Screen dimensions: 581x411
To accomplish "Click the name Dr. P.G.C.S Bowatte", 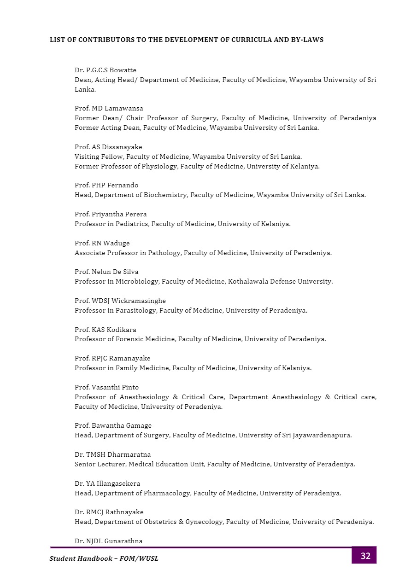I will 106,70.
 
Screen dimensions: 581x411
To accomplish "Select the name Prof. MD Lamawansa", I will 109,109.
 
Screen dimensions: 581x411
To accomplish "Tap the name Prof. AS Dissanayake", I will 108,147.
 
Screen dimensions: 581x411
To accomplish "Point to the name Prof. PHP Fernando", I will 106,186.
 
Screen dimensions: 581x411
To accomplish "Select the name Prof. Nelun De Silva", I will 106,272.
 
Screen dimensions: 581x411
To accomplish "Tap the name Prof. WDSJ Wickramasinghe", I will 120,301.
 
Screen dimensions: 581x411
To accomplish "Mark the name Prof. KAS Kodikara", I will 106,330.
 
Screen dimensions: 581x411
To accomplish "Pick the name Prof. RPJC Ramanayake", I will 112,359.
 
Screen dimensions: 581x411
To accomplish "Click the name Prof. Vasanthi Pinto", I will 106,388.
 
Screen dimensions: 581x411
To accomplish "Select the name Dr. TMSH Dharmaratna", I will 112,455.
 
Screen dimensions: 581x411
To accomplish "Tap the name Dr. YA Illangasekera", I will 107,484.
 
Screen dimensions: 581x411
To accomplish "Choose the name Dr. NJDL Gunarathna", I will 108,541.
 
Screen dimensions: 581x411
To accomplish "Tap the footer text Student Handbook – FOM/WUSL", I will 104,559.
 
